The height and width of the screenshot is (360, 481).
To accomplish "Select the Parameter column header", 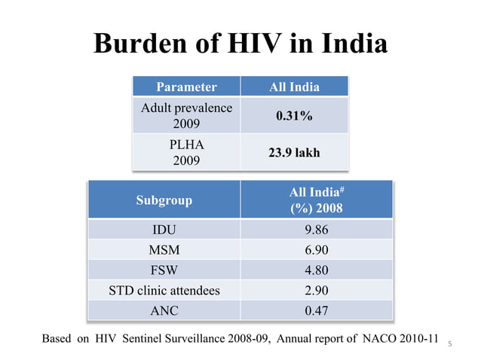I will [x=186, y=87].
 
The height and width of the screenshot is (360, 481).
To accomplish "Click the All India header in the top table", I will [x=294, y=87].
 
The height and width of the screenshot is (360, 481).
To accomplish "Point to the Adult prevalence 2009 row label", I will [x=186, y=115].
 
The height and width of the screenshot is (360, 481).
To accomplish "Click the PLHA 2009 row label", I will [x=186, y=151].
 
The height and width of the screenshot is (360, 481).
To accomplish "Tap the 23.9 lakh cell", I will [x=294, y=152].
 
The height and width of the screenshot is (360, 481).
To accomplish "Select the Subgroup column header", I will [x=164, y=200].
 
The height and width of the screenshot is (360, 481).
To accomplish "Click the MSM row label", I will [x=164, y=250].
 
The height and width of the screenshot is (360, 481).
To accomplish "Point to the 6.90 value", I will [x=316, y=250].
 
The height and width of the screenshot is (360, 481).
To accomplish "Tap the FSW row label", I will [x=164, y=270].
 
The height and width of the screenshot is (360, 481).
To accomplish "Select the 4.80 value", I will [x=316, y=270].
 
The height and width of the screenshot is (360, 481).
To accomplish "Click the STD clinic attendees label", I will [x=164, y=291].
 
